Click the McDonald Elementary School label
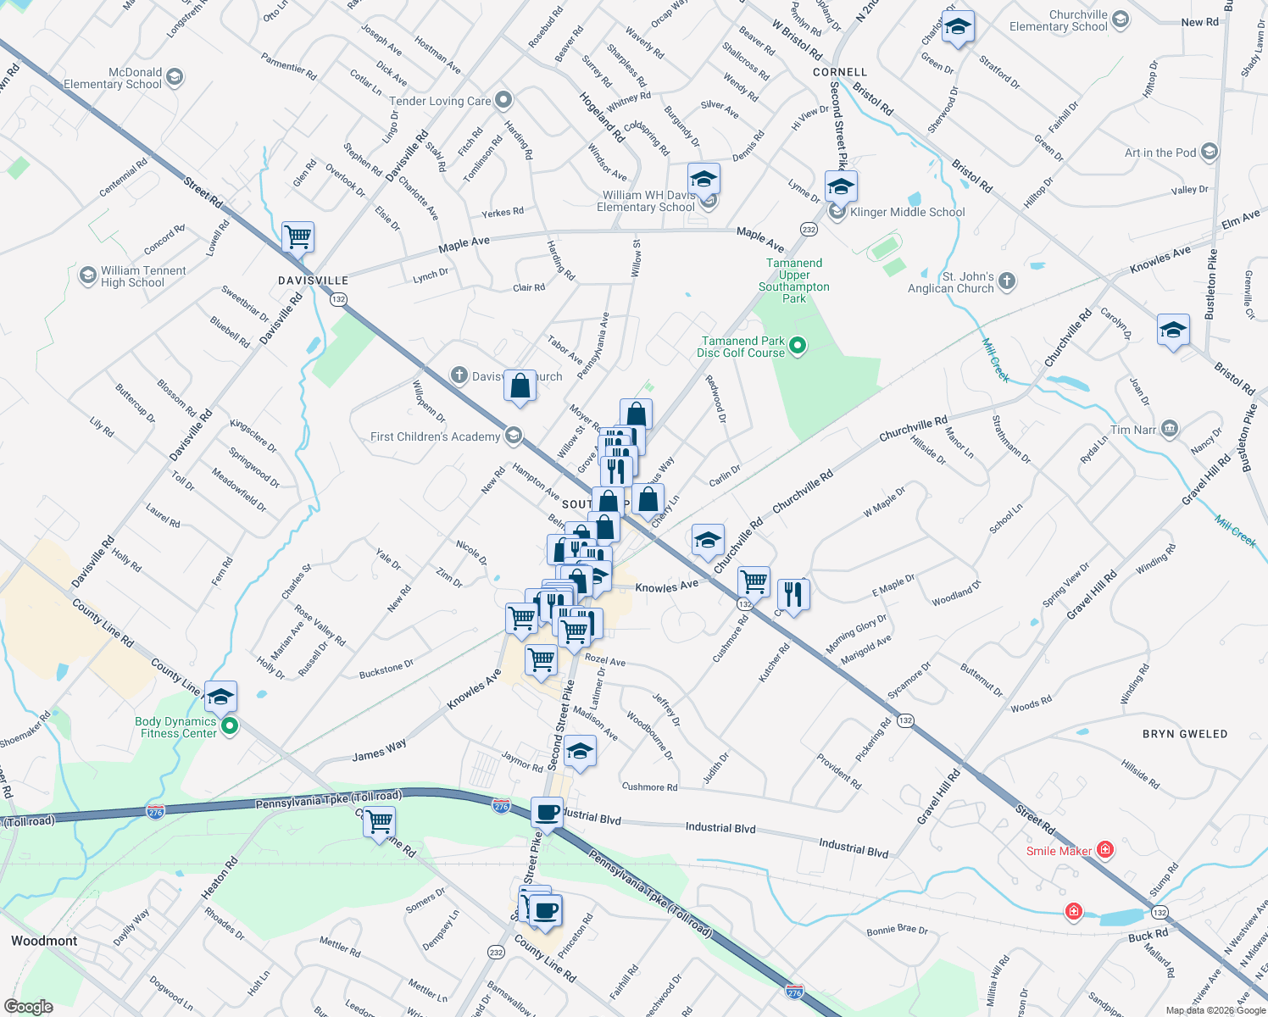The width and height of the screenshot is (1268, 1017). (x=113, y=78)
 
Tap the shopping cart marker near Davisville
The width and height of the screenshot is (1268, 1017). (x=298, y=237)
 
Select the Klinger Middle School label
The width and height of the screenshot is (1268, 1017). (x=907, y=212)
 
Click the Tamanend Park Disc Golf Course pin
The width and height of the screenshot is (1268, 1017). (x=797, y=346)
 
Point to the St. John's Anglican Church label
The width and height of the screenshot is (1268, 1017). (x=950, y=282)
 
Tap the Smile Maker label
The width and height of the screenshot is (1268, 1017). (x=1059, y=851)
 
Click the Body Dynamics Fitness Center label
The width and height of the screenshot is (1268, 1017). (x=175, y=727)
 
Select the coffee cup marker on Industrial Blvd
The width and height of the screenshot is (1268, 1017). (x=548, y=813)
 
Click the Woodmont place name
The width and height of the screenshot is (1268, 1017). (x=44, y=941)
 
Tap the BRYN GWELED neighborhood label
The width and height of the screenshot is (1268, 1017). (x=1184, y=734)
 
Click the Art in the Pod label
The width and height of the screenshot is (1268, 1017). (x=1160, y=153)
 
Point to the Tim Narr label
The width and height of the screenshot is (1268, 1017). (x=1133, y=430)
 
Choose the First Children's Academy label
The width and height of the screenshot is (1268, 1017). (x=435, y=436)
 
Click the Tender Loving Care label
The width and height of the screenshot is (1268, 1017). (x=440, y=101)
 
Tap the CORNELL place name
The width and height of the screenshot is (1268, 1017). (x=840, y=72)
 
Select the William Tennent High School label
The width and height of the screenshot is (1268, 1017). (x=142, y=276)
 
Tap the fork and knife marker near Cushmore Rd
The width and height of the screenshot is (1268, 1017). (x=792, y=594)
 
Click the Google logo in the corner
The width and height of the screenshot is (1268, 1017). (x=29, y=1006)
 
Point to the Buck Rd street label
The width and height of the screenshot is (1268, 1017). (x=1148, y=936)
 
